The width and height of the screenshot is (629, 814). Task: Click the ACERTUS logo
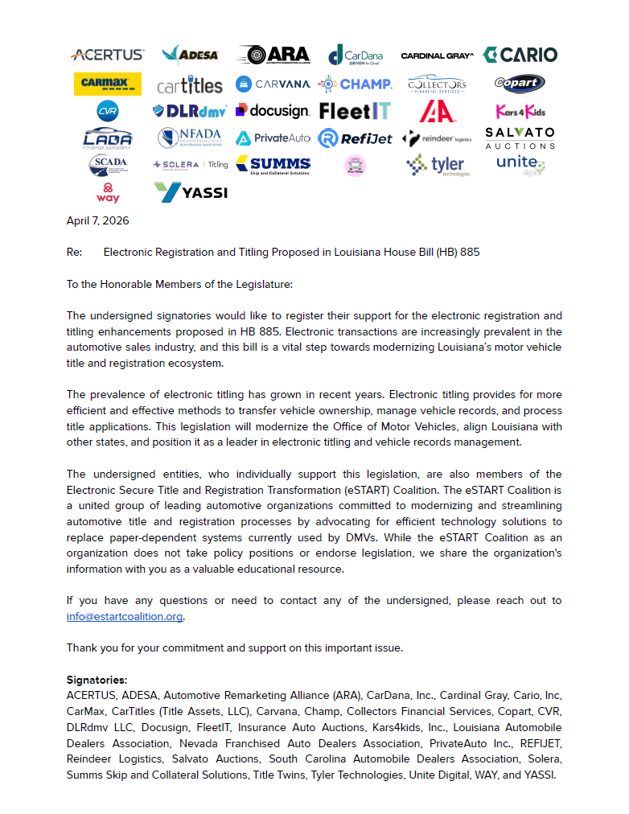(107, 55)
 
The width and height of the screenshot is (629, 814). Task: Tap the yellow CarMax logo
(107, 84)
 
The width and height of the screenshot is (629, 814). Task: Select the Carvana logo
(273, 84)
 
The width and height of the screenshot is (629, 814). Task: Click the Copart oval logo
(520, 84)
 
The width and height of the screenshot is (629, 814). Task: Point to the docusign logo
(273, 110)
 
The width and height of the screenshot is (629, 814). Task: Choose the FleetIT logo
(355, 111)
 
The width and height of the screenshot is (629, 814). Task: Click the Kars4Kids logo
(520, 111)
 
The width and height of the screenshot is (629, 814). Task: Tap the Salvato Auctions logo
(520, 138)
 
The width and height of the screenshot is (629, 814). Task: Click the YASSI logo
(191, 192)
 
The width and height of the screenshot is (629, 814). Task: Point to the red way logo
(107, 193)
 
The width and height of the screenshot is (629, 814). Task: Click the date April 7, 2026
(97, 220)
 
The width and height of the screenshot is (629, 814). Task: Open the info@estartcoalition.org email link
(125, 617)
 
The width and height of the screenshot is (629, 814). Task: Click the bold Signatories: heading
(97, 680)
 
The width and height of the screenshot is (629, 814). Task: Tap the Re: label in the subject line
(74, 252)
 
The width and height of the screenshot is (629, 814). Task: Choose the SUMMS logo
(273, 165)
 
